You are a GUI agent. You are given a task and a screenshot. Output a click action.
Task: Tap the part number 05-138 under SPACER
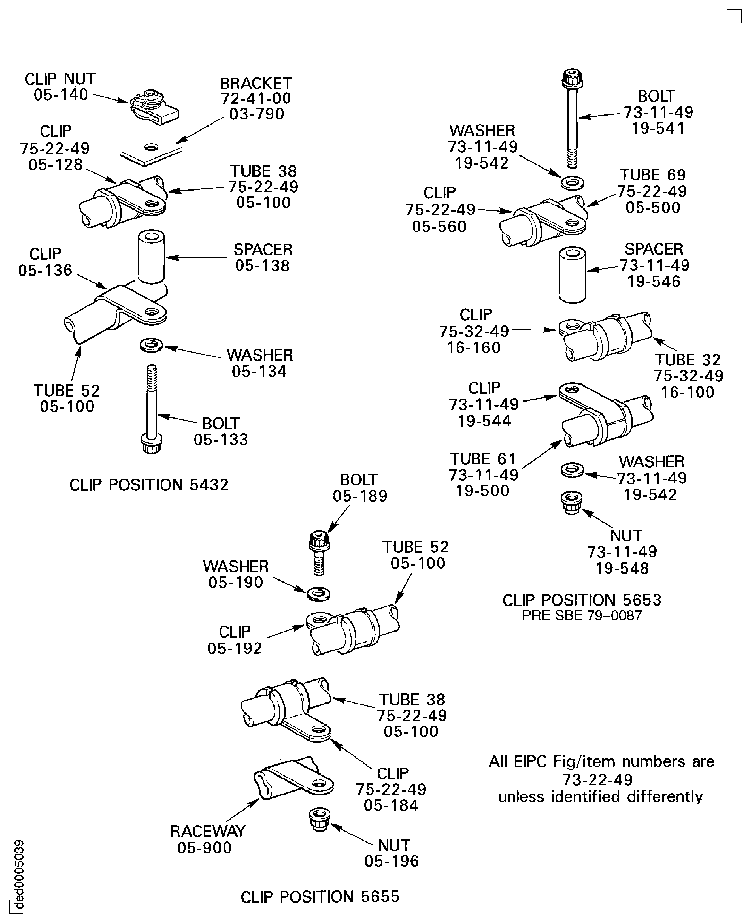tap(262, 266)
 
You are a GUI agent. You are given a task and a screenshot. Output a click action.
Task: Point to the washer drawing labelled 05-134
tap(151, 345)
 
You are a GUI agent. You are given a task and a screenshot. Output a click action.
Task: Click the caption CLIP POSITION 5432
tap(149, 485)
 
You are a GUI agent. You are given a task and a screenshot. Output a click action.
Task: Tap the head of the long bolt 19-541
tap(572, 78)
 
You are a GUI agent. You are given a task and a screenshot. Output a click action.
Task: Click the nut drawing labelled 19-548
tap(571, 503)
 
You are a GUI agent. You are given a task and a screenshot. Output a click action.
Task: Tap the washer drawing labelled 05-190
tap(318, 594)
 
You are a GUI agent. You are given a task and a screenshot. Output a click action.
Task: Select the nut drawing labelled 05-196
tap(320, 819)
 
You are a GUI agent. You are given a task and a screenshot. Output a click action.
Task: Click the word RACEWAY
tap(208, 831)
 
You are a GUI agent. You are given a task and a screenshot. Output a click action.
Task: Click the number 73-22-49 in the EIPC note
tap(597, 779)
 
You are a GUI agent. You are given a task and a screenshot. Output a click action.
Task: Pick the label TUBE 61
tap(483, 459)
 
